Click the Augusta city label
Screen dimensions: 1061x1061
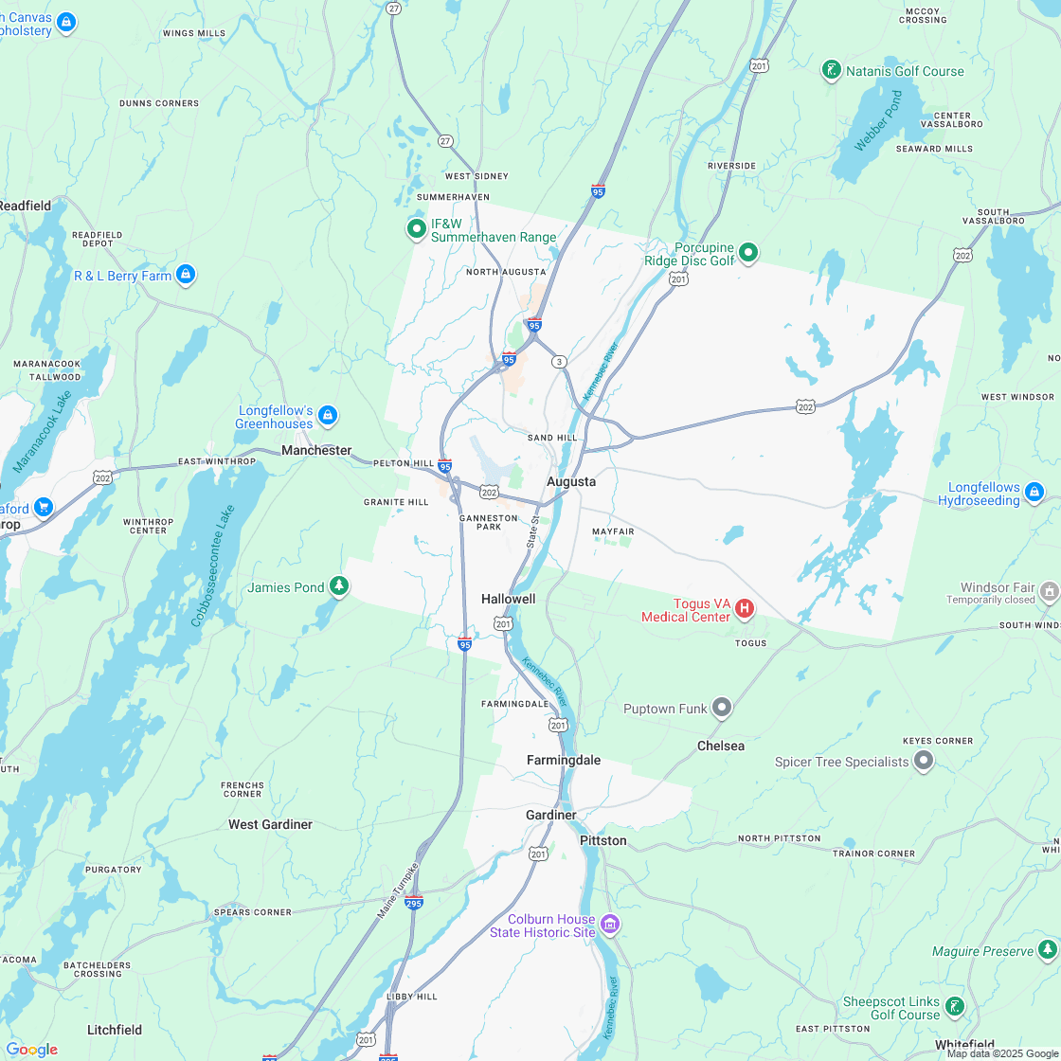point(571,481)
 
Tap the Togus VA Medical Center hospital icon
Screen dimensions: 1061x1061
point(745,608)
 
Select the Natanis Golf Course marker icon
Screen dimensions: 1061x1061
point(831,71)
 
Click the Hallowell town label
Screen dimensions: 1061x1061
point(508,599)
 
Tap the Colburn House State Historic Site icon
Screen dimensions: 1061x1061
point(610,925)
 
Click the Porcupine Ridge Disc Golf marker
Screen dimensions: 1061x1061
point(748,252)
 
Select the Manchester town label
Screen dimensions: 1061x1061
point(316,451)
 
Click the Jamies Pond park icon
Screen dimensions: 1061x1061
point(339,587)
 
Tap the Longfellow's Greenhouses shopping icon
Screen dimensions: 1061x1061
point(328,415)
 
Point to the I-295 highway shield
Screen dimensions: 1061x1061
point(413,902)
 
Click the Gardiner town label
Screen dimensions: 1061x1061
point(551,815)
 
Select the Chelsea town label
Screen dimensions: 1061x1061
point(721,746)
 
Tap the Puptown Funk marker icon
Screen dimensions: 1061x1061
point(722,708)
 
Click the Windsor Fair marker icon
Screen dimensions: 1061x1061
point(1049,592)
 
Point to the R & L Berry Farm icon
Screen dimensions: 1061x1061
point(186,276)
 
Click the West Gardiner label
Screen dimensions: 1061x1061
point(270,824)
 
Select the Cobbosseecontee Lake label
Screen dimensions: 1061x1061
point(212,566)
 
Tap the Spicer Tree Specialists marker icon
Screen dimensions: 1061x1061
point(924,762)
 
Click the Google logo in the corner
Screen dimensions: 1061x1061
point(31,1049)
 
